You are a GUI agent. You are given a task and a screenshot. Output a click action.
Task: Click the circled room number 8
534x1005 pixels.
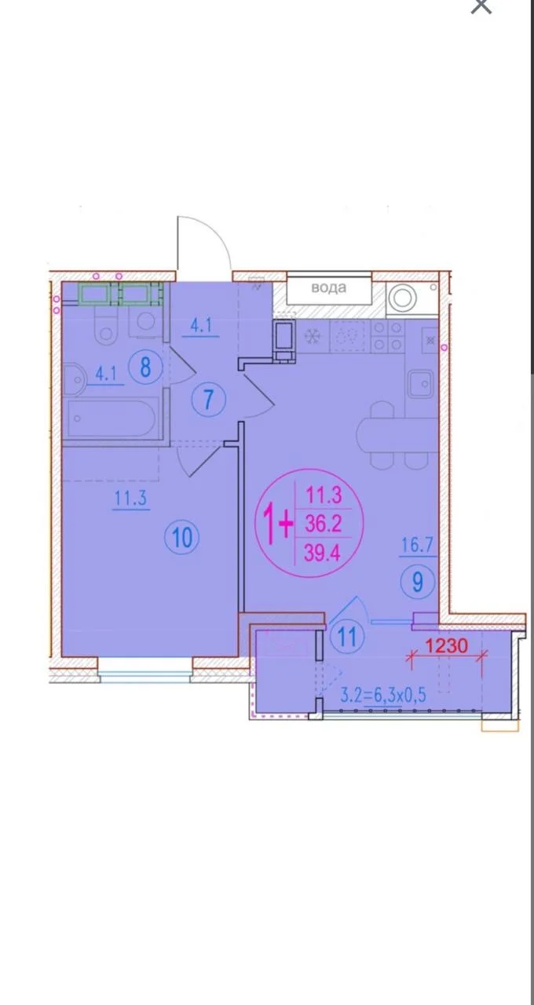point(145,367)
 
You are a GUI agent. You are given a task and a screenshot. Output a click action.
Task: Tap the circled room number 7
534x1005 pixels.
point(208,399)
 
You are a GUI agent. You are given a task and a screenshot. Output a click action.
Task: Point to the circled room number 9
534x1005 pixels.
point(417,582)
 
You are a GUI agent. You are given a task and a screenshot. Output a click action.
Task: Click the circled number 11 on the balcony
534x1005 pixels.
point(347,636)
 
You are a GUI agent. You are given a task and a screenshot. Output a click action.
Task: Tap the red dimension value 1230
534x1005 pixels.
point(446,645)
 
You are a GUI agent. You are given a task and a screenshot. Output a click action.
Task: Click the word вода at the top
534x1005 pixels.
point(329,287)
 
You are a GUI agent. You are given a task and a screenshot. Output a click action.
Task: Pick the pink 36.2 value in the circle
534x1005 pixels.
point(323,523)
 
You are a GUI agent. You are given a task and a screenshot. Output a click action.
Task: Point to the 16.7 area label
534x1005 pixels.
point(417,546)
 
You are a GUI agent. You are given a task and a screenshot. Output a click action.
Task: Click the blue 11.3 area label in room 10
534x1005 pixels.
point(130,499)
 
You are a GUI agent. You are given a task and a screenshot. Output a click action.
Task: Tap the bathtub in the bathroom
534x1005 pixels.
point(112,418)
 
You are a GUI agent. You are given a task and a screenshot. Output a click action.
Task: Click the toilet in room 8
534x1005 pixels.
point(106,325)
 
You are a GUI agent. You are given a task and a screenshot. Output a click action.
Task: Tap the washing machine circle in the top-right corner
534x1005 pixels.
point(403,296)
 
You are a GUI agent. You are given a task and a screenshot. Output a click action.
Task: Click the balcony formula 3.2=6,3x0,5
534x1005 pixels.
point(382,696)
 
